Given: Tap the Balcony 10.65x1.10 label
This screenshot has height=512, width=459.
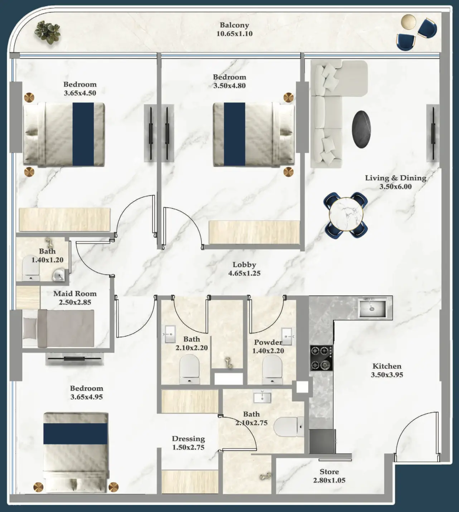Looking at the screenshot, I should (x=235, y=29).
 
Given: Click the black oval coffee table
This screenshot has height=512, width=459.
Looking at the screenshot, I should (x=361, y=129).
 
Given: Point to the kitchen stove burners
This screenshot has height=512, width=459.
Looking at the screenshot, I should (x=321, y=358).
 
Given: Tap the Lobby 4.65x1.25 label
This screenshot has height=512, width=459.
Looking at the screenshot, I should (x=244, y=269).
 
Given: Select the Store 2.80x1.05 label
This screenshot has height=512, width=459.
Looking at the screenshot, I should (x=329, y=476).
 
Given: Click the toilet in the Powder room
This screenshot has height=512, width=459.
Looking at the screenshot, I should (x=272, y=369).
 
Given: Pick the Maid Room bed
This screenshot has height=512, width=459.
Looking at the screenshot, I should (x=58, y=329).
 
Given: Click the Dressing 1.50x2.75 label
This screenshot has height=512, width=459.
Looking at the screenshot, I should (x=188, y=443).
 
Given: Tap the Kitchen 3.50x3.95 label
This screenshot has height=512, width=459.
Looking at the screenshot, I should (x=387, y=371).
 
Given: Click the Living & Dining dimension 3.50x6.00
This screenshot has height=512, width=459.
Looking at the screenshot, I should (x=395, y=187).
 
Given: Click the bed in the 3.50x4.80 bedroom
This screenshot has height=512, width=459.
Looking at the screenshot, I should (x=253, y=134).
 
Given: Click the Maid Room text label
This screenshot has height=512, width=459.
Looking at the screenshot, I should (x=75, y=294).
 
